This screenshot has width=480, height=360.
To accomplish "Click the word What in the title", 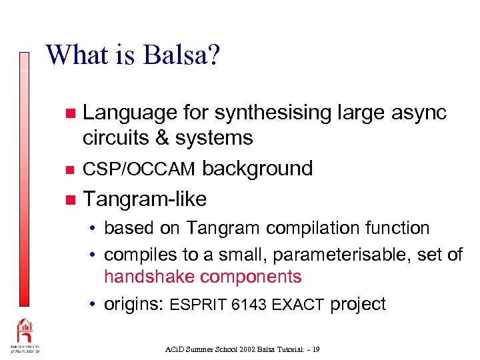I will (73, 55).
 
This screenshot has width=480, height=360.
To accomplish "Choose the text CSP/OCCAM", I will (139, 169).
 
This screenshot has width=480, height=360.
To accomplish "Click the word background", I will (257, 169).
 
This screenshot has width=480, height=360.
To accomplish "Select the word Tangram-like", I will (145, 199).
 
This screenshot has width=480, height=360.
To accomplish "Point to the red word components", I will (251, 277).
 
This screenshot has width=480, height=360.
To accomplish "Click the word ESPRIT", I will (198, 305).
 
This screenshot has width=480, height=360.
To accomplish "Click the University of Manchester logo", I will (25, 337).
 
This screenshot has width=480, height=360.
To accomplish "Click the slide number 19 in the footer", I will (315, 349).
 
